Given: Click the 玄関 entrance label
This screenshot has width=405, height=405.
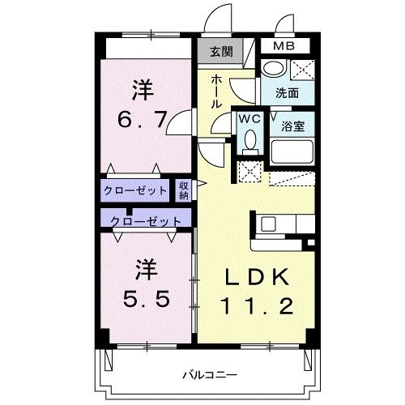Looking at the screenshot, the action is pos(221,51).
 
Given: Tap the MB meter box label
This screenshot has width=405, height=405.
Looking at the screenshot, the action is pos(283,46).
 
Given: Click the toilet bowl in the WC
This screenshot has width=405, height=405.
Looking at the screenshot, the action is pos(250,139).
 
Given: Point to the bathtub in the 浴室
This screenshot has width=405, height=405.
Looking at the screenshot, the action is pos(292,151).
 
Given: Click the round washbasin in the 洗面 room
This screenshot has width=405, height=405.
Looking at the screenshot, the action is pos(274,68).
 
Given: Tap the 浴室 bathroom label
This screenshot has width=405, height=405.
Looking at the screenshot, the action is pos(293,126).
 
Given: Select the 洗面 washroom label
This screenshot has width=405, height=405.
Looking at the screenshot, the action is pos(287,93).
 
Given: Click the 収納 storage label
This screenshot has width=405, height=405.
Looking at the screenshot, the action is pos(184,190).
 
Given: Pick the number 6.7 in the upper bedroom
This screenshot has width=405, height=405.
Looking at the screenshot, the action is pos(142,120).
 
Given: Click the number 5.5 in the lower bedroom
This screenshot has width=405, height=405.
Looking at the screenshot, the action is pos(147,298).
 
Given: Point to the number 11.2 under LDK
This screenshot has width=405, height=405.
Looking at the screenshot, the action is pos(257,306).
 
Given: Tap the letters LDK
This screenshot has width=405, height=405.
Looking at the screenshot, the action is pos(257,277).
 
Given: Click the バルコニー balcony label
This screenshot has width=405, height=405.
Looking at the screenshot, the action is pos(210,375).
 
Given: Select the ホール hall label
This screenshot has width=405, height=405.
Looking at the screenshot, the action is pos(216,92).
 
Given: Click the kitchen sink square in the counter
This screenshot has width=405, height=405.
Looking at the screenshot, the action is pos(268,224).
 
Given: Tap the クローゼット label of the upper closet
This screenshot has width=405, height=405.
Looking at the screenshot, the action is pos(135,190).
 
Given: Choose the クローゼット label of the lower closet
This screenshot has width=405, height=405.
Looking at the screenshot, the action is pos(146,222).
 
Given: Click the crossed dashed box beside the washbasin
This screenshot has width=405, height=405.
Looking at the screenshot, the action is pos(302,70).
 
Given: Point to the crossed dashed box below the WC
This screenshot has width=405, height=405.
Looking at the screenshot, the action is pos(249,172).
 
